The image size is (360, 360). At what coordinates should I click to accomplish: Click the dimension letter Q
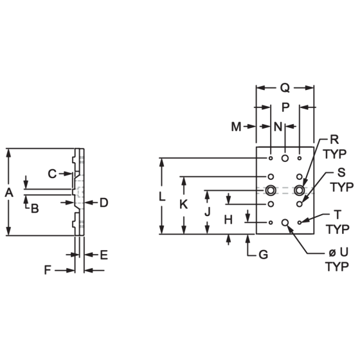[x=285, y=88]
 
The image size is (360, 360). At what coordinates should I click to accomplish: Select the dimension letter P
[x=285, y=107]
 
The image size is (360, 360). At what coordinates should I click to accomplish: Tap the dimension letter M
[x=237, y=127]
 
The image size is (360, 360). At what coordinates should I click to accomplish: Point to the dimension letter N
[x=278, y=127]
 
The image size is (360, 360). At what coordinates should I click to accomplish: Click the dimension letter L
[x=162, y=197]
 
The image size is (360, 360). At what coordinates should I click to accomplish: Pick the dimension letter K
[x=183, y=204]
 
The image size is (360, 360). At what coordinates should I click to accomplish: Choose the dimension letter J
[x=207, y=212]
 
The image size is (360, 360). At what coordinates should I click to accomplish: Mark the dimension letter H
[x=228, y=220]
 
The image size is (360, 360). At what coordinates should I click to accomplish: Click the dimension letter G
[x=264, y=255]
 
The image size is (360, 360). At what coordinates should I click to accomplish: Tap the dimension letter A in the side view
[x=9, y=192]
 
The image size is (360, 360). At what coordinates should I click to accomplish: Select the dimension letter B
[x=35, y=209]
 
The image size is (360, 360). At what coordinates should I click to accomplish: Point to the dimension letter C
[x=52, y=174]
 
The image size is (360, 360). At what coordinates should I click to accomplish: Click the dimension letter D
[x=104, y=203]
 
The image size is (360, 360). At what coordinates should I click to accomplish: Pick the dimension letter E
[x=104, y=255]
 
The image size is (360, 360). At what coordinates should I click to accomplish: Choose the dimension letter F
[x=48, y=270]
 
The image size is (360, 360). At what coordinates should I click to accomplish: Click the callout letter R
[x=334, y=139]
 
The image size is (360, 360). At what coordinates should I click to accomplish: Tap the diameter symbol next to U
[x=332, y=253]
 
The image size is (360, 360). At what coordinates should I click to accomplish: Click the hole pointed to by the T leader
[x=300, y=222]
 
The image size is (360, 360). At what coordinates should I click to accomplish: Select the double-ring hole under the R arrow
[x=300, y=190]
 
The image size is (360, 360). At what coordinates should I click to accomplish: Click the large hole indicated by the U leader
[x=285, y=222]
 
